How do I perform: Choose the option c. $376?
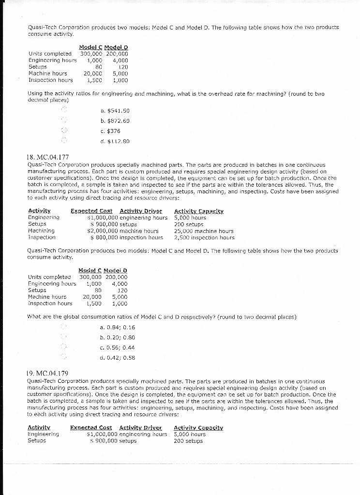pyautogui.click(x=110, y=131)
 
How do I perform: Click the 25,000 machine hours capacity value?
pyautogui.click(x=204, y=231)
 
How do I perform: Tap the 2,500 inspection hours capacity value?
pyautogui.click(x=204, y=237)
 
